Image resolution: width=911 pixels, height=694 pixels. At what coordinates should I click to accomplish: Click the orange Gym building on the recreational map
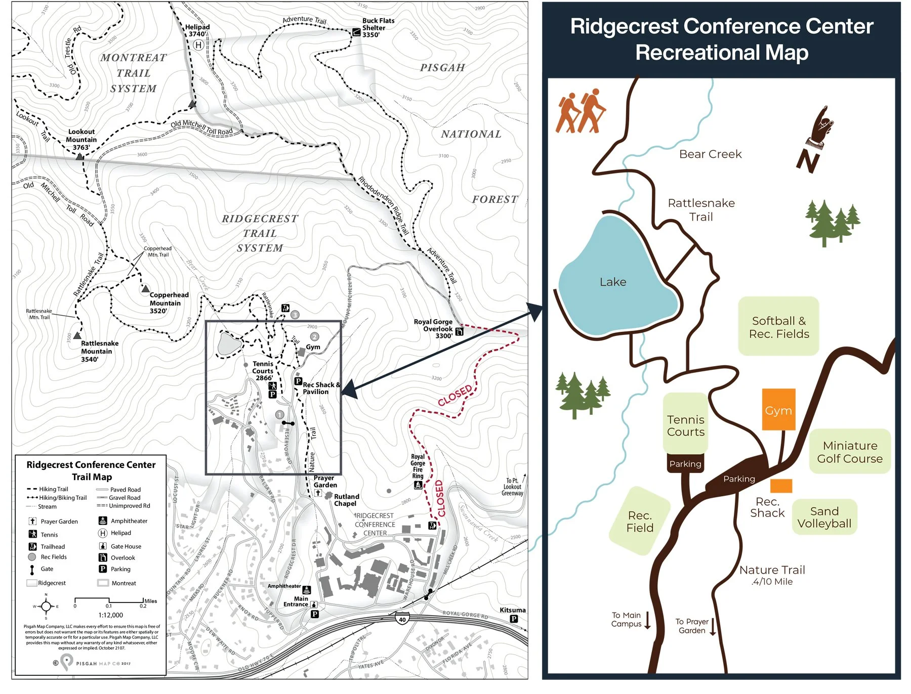click(778, 410)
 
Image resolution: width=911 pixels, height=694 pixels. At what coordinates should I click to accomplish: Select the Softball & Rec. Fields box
click(778, 327)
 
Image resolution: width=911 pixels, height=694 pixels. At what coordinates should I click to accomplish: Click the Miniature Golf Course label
click(849, 452)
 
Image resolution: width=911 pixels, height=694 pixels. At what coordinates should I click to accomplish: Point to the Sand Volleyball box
click(824, 517)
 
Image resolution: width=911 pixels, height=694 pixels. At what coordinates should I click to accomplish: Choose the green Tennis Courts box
click(685, 424)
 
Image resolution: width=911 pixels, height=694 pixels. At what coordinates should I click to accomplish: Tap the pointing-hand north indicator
click(816, 139)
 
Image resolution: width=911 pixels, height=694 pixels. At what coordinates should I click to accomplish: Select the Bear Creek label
click(710, 154)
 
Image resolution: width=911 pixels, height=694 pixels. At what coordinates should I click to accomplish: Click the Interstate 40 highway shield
click(402, 618)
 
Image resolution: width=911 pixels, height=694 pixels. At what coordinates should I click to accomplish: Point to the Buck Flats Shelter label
click(378, 27)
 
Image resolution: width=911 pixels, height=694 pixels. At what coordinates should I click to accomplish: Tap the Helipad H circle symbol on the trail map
click(198, 45)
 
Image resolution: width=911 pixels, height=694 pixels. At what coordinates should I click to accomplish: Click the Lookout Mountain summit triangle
click(79, 157)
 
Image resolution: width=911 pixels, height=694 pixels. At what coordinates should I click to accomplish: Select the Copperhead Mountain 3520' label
click(169, 302)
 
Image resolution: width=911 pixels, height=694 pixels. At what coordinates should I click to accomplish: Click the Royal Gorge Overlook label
click(433, 328)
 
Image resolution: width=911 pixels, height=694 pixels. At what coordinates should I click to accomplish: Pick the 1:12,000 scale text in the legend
click(111, 615)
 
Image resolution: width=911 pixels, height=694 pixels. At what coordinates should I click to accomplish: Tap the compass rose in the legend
click(46, 606)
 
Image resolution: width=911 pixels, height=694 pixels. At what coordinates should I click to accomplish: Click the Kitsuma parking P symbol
click(514, 619)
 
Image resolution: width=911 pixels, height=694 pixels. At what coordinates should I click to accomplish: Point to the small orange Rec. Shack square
click(781, 486)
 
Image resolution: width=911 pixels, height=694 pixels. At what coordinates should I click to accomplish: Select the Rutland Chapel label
click(346, 500)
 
